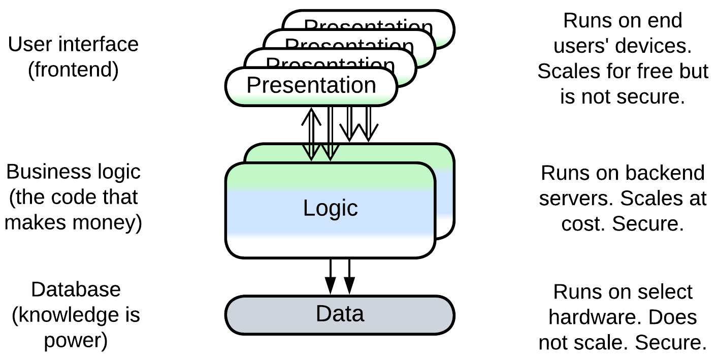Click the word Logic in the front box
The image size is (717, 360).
pyautogui.click(x=331, y=208)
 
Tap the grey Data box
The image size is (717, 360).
pyautogui.click(x=340, y=314)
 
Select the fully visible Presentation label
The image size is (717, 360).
pyautogui.click(x=311, y=85)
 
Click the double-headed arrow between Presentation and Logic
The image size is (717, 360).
pyautogui.click(x=311, y=134)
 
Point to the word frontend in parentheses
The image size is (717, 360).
pyautogui.click(x=73, y=70)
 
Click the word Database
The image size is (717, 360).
pyautogui.click(x=76, y=289)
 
